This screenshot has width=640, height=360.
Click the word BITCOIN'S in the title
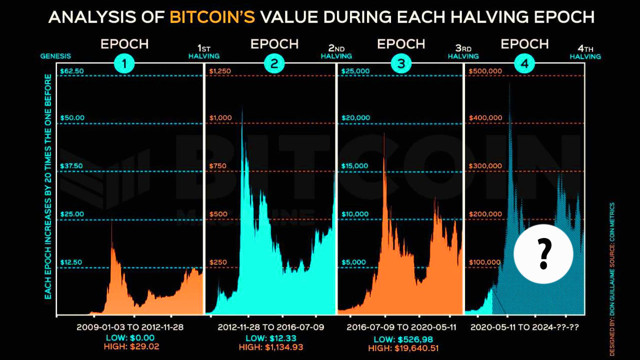coord(212,17)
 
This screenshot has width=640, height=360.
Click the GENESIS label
coord(55,56)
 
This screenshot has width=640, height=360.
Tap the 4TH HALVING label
coord(585,52)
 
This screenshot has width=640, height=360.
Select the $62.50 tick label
coord(72,71)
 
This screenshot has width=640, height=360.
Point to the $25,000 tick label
coord(355,71)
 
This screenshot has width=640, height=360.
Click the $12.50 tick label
coord(72,262)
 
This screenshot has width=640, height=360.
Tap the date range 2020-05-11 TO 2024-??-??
coord(527,327)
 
